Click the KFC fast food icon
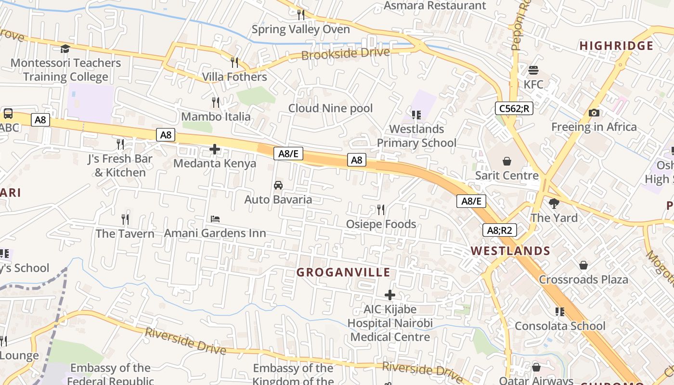533,70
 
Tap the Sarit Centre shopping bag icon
506,161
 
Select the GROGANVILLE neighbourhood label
343,272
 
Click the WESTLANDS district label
510,251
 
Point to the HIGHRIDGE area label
616,46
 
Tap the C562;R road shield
514,108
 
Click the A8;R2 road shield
499,230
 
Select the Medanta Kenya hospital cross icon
215,149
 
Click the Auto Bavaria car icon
278,185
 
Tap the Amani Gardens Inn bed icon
215,219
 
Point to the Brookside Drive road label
345,53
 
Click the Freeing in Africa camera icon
594,113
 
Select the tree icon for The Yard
554,204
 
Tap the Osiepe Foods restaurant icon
381,210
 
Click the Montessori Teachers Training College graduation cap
65,49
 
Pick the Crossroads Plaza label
583,280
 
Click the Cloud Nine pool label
330,108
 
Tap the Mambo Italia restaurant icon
216,102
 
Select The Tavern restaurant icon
125,219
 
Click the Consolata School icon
559,312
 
